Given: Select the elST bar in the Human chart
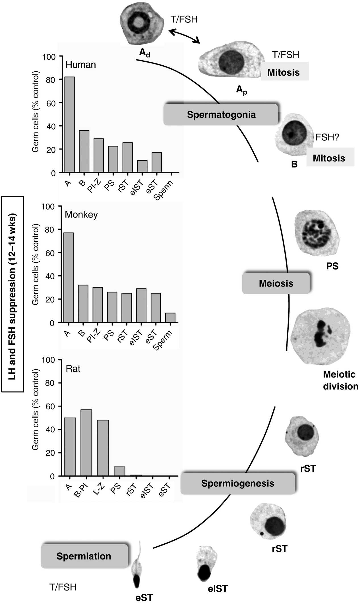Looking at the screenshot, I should pyautogui.click(x=142, y=166).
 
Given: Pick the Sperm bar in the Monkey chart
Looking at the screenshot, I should pyautogui.click(x=170, y=318).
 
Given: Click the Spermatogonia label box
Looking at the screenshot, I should pyautogui.click(x=221, y=115).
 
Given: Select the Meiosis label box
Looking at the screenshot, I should pyautogui.click(x=276, y=283).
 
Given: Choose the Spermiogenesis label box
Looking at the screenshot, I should pyautogui.click(x=237, y=483).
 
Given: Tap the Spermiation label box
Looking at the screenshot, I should pyautogui.click(x=84, y=556).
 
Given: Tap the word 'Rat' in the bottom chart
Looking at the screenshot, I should pyautogui.click(x=73, y=369).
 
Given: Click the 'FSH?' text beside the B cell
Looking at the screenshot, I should pyautogui.click(x=328, y=138).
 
